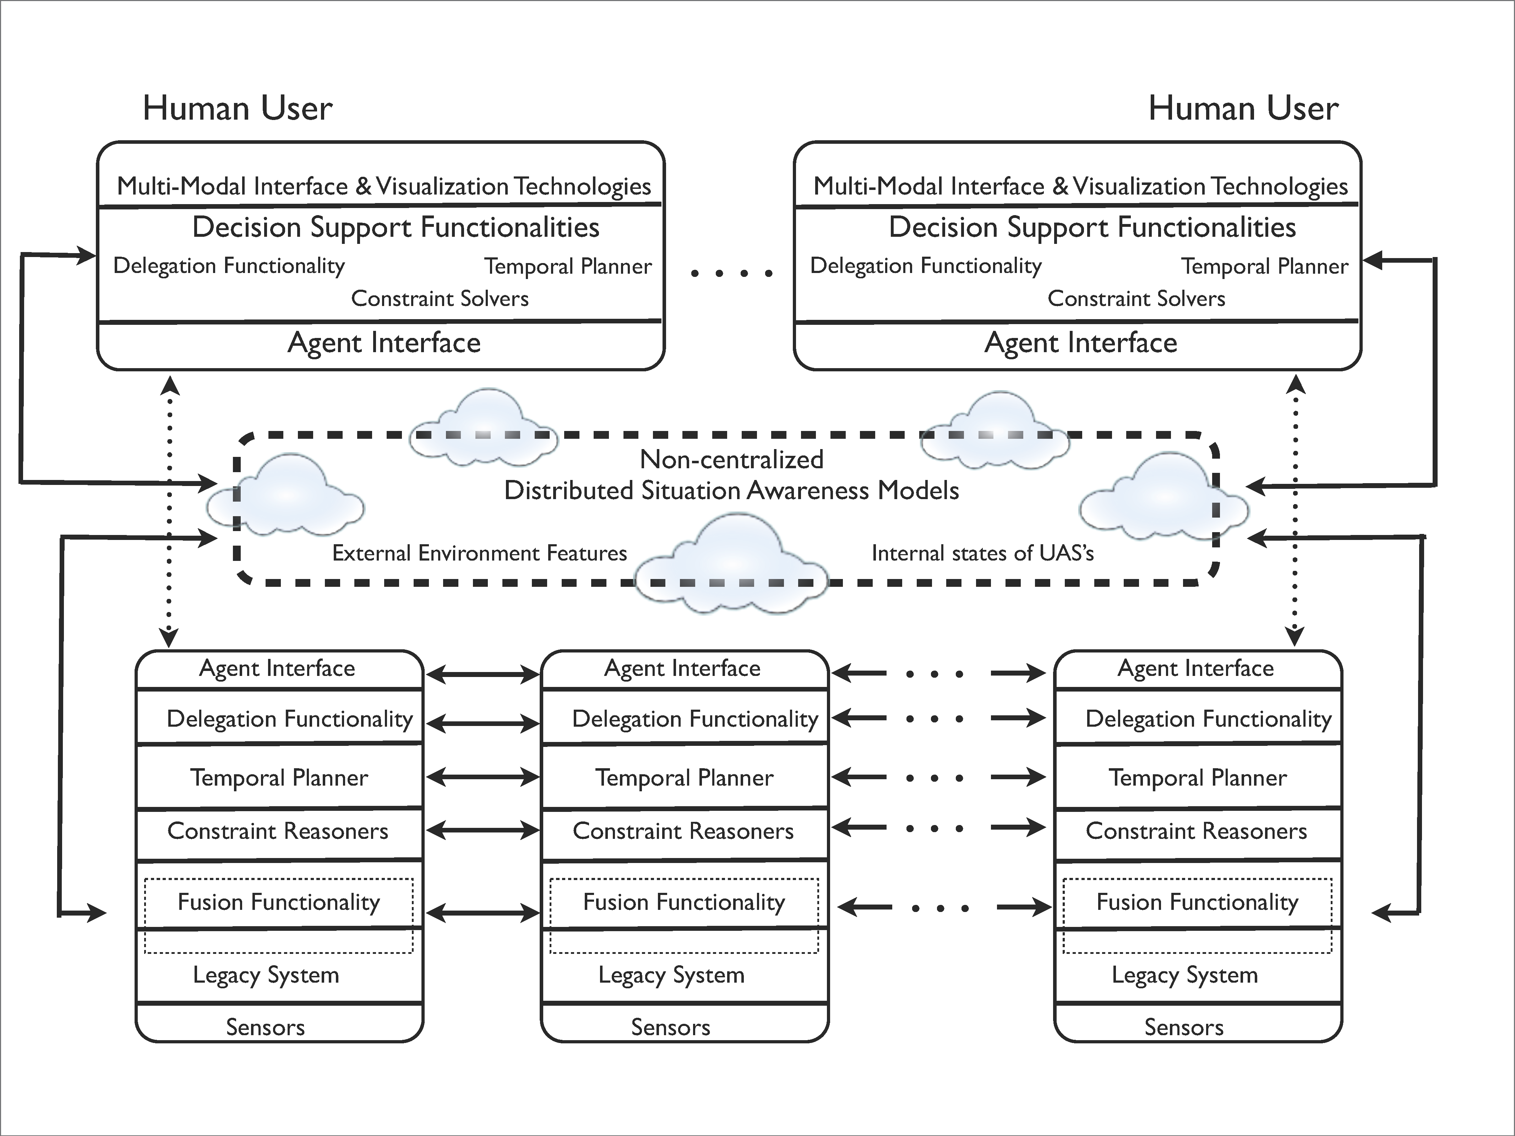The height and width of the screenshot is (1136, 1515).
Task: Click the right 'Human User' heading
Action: point(1243,108)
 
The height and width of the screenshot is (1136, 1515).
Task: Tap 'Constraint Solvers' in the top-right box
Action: point(1136,299)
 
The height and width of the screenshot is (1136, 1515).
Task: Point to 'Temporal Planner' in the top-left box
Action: point(568,266)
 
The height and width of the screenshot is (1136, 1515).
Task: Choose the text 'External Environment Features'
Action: point(479,553)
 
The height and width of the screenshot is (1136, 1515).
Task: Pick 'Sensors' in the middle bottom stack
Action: point(671,1027)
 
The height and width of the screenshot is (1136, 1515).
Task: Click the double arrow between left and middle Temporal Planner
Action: point(483,777)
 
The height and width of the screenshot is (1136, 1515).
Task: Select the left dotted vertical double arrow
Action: point(169,512)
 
